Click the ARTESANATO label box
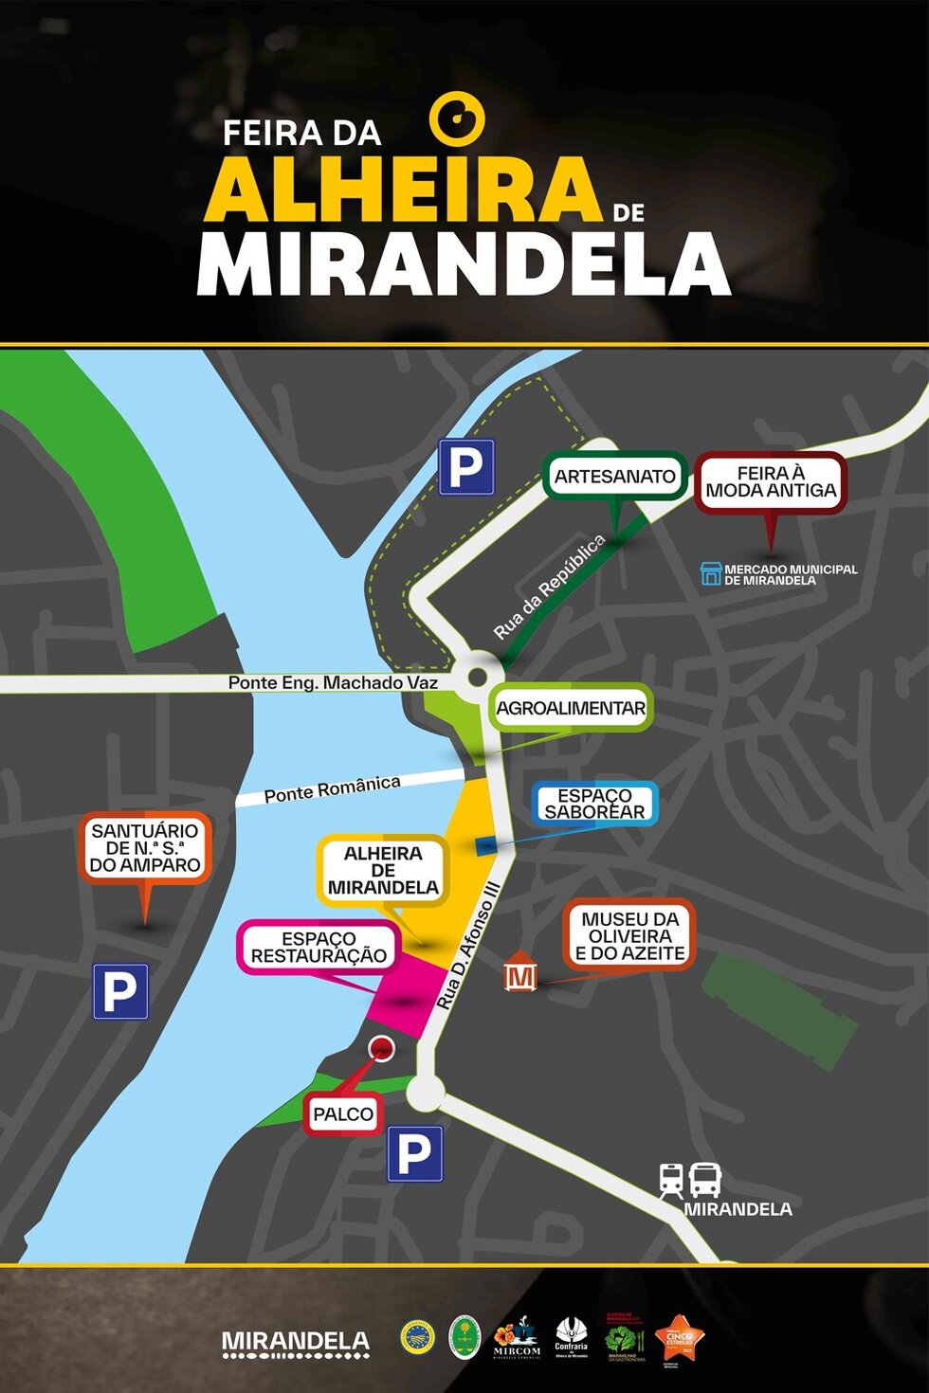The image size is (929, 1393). click(615, 477)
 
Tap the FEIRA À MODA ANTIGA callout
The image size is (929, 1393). click(771, 483)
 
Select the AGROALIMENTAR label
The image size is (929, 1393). click(571, 708)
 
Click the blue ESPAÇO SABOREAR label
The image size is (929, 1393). click(594, 804)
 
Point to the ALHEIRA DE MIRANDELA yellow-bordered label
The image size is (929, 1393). click(383, 870)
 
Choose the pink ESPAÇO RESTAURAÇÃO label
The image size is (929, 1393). click(319, 948)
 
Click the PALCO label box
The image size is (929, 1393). click(343, 1114)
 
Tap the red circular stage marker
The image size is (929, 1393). click(381, 1048)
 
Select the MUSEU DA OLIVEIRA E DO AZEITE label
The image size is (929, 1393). click(629, 936)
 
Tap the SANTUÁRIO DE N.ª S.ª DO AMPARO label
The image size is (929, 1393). click(145, 847)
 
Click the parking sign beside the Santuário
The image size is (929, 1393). click(120, 991)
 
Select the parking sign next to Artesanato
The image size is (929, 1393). click(466, 467)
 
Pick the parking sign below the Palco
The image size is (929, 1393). click(415, 1153)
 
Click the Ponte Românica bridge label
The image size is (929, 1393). click(332, 788)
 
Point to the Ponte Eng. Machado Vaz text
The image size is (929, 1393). click(333, 682)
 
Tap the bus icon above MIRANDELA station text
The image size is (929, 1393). click(705, 1181)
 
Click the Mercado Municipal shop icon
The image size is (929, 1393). click(711, 573)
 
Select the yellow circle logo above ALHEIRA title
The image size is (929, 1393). click(457, 118)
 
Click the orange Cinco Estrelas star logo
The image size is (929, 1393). click(680, 1337)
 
